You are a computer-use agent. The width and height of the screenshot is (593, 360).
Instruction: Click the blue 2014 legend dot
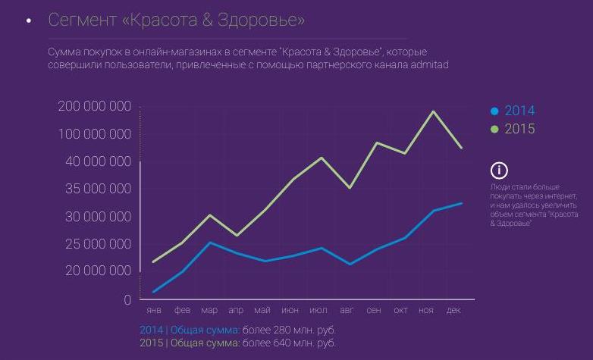495,111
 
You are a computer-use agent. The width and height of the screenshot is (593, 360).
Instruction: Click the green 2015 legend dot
495,130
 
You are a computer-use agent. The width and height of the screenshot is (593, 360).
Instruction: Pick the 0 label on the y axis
128,300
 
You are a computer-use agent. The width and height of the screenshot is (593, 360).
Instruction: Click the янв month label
154,311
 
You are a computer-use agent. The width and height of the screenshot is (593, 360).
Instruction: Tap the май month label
262,311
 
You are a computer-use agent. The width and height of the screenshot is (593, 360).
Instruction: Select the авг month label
347,311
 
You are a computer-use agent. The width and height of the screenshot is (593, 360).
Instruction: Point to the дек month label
453,311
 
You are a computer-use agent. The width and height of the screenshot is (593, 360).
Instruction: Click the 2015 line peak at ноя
432,112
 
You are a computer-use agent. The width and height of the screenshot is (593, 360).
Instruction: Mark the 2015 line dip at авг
349,187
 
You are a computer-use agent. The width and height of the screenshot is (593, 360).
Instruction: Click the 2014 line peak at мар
210,243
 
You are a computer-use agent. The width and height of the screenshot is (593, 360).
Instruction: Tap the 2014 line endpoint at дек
461,203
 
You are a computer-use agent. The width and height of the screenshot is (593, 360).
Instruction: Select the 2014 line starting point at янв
154,292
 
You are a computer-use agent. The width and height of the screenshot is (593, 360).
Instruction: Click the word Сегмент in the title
81,20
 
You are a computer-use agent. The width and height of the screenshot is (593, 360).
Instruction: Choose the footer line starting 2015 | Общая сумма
237,343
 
